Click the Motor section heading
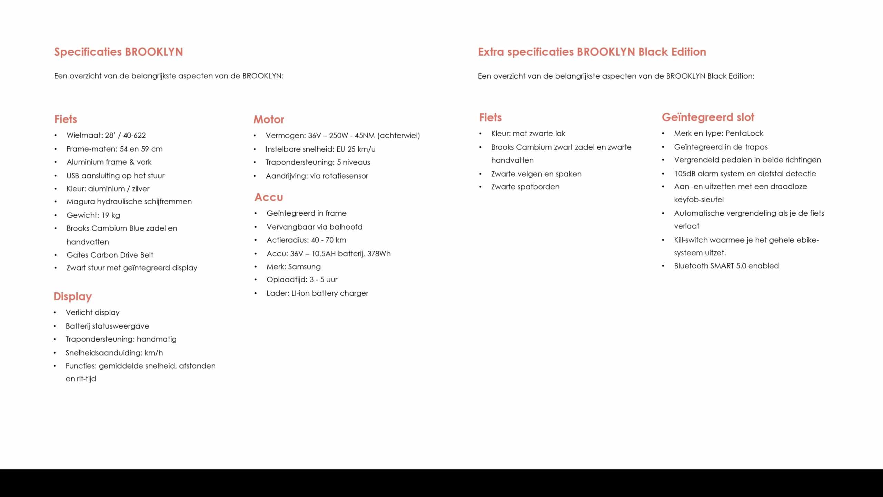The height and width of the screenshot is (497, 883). coord(269,119)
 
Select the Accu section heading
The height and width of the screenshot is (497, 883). coord(269,197)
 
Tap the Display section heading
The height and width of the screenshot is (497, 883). coord(73,296)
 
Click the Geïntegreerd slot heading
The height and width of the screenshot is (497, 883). coord(708,117)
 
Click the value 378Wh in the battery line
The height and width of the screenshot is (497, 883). coord(379,254)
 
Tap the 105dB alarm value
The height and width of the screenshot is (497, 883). coord(685,174)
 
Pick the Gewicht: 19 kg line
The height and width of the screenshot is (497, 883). coord(93,215)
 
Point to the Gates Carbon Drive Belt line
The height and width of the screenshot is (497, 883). coord(110,255)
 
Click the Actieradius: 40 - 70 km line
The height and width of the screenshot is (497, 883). coord(306,240)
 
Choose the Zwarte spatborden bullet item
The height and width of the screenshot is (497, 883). coord(525,187)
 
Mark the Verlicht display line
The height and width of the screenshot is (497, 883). coord(92,313)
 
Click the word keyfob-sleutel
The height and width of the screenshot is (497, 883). coord(699,200)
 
